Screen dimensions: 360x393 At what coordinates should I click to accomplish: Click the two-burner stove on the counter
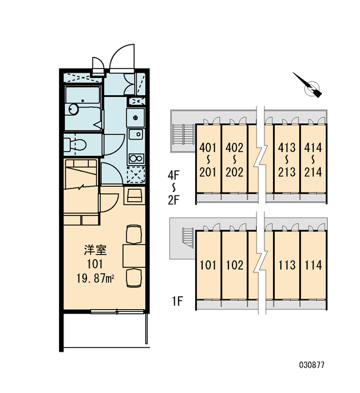click(x=135, y=159)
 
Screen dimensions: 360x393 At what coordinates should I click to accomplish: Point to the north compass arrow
click(x=307, y=85)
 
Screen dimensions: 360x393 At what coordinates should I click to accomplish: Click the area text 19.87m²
click(x=96, y=278)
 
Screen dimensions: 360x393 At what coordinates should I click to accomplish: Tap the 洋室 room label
click(x=95, y=250)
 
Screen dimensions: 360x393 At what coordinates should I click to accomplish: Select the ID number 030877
click(x=312, y=365)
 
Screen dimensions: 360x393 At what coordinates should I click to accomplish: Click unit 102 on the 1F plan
click(x=234, y=265)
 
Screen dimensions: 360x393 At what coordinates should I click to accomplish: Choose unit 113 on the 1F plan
click(x=287, y=265)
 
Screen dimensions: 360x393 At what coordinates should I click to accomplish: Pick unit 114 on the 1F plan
click(x=313, y=265)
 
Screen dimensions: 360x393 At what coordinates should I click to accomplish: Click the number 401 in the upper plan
click(x=207, y=148)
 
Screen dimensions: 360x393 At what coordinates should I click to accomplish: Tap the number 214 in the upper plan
click(x=313, y=172)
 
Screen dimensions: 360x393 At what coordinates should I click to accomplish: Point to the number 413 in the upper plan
click(x=287, y=148)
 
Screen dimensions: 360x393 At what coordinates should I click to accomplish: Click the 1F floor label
click(x=177, y=301)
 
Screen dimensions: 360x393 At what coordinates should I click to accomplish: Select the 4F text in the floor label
click(x=173, y=176)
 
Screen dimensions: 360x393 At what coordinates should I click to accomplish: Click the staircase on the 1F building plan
click(x=188, y=238)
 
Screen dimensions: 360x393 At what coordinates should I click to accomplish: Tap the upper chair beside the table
click(x=134, y=234)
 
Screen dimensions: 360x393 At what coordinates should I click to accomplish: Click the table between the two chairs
click(x=134, y=256)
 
